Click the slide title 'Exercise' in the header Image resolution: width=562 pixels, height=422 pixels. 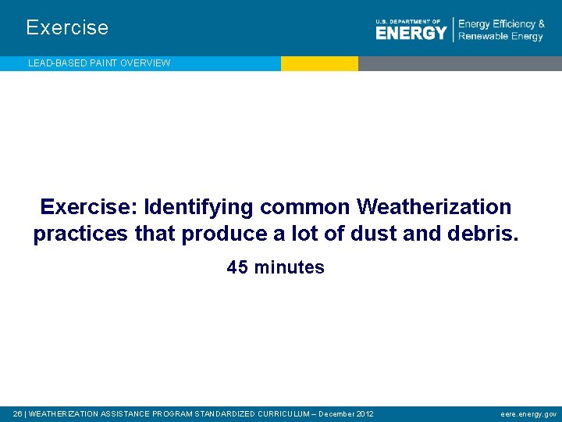[67, 27]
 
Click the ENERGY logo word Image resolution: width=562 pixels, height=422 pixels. [411, 32]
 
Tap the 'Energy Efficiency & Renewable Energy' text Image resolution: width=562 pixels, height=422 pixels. [501, 30]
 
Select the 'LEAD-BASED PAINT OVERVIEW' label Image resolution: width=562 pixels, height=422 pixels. [99, 63]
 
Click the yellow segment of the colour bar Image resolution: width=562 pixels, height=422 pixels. [319, 63]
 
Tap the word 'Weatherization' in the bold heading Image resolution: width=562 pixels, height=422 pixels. [434, 207]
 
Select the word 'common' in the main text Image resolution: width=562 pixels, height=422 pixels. [306, 207]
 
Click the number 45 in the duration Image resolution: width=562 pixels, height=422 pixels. [237, 267]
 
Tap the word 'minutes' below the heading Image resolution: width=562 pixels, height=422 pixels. [288, 267]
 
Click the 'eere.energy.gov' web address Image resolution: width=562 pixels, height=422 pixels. [528, 413]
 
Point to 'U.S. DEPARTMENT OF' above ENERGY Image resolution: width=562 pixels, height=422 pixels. [407, 21]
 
